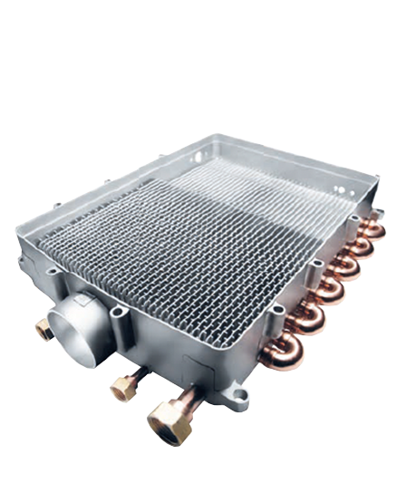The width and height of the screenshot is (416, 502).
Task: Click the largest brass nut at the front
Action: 169,421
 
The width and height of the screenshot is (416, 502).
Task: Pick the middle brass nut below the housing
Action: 123,388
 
